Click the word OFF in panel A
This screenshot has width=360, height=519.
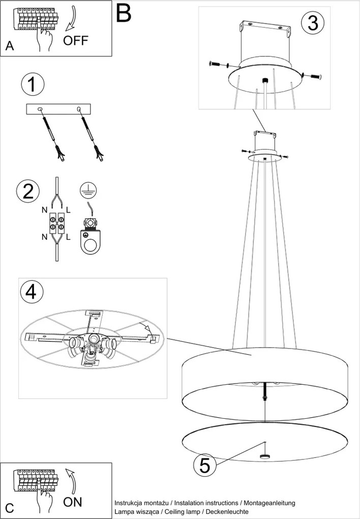76,41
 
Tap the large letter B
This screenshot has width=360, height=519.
124,14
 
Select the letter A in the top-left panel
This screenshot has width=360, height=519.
9,47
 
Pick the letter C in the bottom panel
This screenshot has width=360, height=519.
9,507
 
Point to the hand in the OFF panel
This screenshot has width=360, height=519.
47,39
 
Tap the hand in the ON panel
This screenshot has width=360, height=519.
47,500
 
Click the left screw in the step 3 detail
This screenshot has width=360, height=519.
217,65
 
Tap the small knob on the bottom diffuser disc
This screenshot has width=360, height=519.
265,456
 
